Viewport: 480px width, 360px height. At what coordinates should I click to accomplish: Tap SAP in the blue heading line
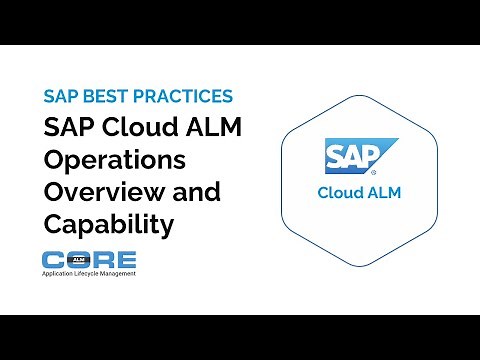click(59, 98)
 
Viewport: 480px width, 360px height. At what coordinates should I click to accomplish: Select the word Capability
click(108, 224)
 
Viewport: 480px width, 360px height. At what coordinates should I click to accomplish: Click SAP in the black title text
click(68, 129)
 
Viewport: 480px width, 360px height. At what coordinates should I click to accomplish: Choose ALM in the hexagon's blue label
click(382, 193)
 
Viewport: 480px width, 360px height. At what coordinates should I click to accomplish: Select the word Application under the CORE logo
click(59, 273)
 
